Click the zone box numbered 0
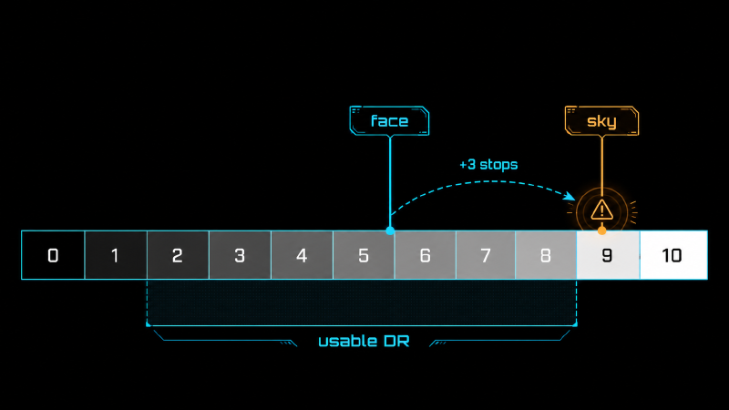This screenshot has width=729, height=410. [53, 255]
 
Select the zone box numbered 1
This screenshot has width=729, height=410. [116, 255]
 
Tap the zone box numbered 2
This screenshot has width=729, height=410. [178, 255]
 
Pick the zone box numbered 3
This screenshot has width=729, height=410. [240, 255]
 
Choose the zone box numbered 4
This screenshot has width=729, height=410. [302, 255]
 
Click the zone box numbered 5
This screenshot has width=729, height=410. [364, 255]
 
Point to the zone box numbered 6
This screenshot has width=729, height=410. [425, 255]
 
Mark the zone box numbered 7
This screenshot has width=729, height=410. [486, 255]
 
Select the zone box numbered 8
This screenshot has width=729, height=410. [546, 255]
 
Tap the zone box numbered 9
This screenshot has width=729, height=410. [608, 255]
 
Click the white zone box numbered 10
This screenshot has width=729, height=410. [673, 255]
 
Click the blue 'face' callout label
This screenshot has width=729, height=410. [390, 121]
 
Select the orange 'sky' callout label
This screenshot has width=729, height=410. [601, 121]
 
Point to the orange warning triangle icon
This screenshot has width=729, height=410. [602, 210]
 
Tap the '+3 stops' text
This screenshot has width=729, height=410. [488, 165]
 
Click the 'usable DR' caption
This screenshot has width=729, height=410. [364, 341]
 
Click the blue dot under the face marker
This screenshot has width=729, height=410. [390, 231]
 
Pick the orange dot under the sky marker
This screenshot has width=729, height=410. [601, 231]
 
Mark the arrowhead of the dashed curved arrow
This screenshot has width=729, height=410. [570, 196]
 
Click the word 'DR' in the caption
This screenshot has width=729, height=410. [396, 341]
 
